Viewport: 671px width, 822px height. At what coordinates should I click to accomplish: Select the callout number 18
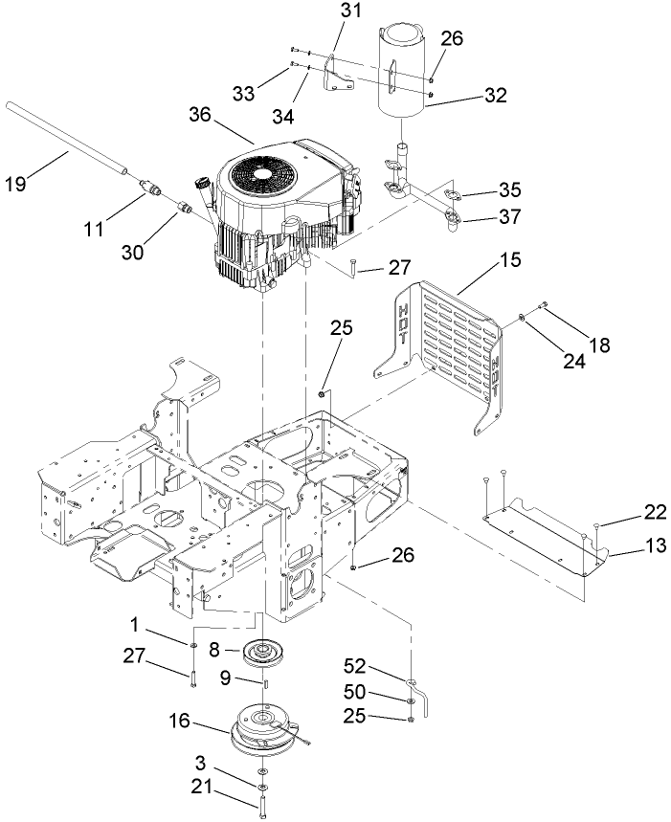599,345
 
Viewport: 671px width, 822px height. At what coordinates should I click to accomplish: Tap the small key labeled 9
262,682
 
